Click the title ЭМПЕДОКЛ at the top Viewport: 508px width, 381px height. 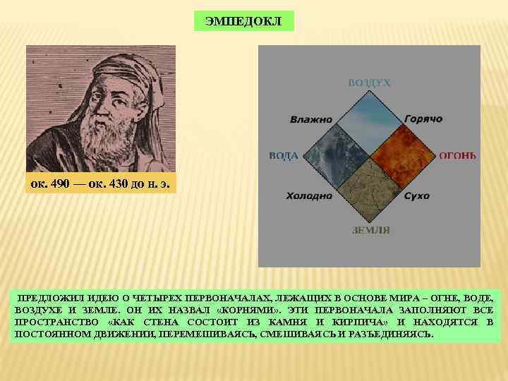(x=243, y=21)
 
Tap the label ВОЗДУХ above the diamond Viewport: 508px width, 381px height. (x=369, y=83)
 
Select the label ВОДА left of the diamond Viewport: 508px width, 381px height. (x=283, y=155)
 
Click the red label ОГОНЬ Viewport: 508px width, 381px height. (x=459, y=155)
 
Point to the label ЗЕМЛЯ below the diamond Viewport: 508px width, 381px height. (x=370, y=230)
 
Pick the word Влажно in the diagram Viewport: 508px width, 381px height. (x=310, y=119)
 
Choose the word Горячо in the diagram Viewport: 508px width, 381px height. (x=423, y=119)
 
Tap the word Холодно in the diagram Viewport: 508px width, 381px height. (x=309, y=195)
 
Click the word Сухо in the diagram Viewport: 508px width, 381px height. (x=417, y=195)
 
